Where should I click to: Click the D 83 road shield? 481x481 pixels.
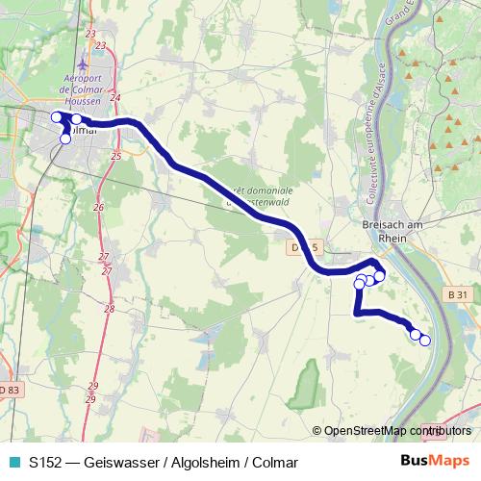click(x=9, y=390)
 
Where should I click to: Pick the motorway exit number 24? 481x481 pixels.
click(x=115, y=97)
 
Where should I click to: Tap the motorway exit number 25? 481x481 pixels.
click(x=115, y=154)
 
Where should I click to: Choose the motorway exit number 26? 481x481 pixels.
click(x=97, y=207)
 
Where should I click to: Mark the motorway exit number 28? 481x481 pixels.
click(x=110, y=309)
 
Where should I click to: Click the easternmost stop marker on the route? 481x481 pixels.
click(x=424, y=341)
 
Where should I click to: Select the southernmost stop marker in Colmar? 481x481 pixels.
click(x=65, y=139)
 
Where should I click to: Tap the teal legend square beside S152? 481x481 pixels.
click(x=13, y=462)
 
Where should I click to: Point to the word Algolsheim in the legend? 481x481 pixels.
click(x=201, y=462)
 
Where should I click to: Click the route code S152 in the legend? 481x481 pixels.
click(x=45, y=462)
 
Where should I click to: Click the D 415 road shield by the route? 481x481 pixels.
click(x=304, y=246)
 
